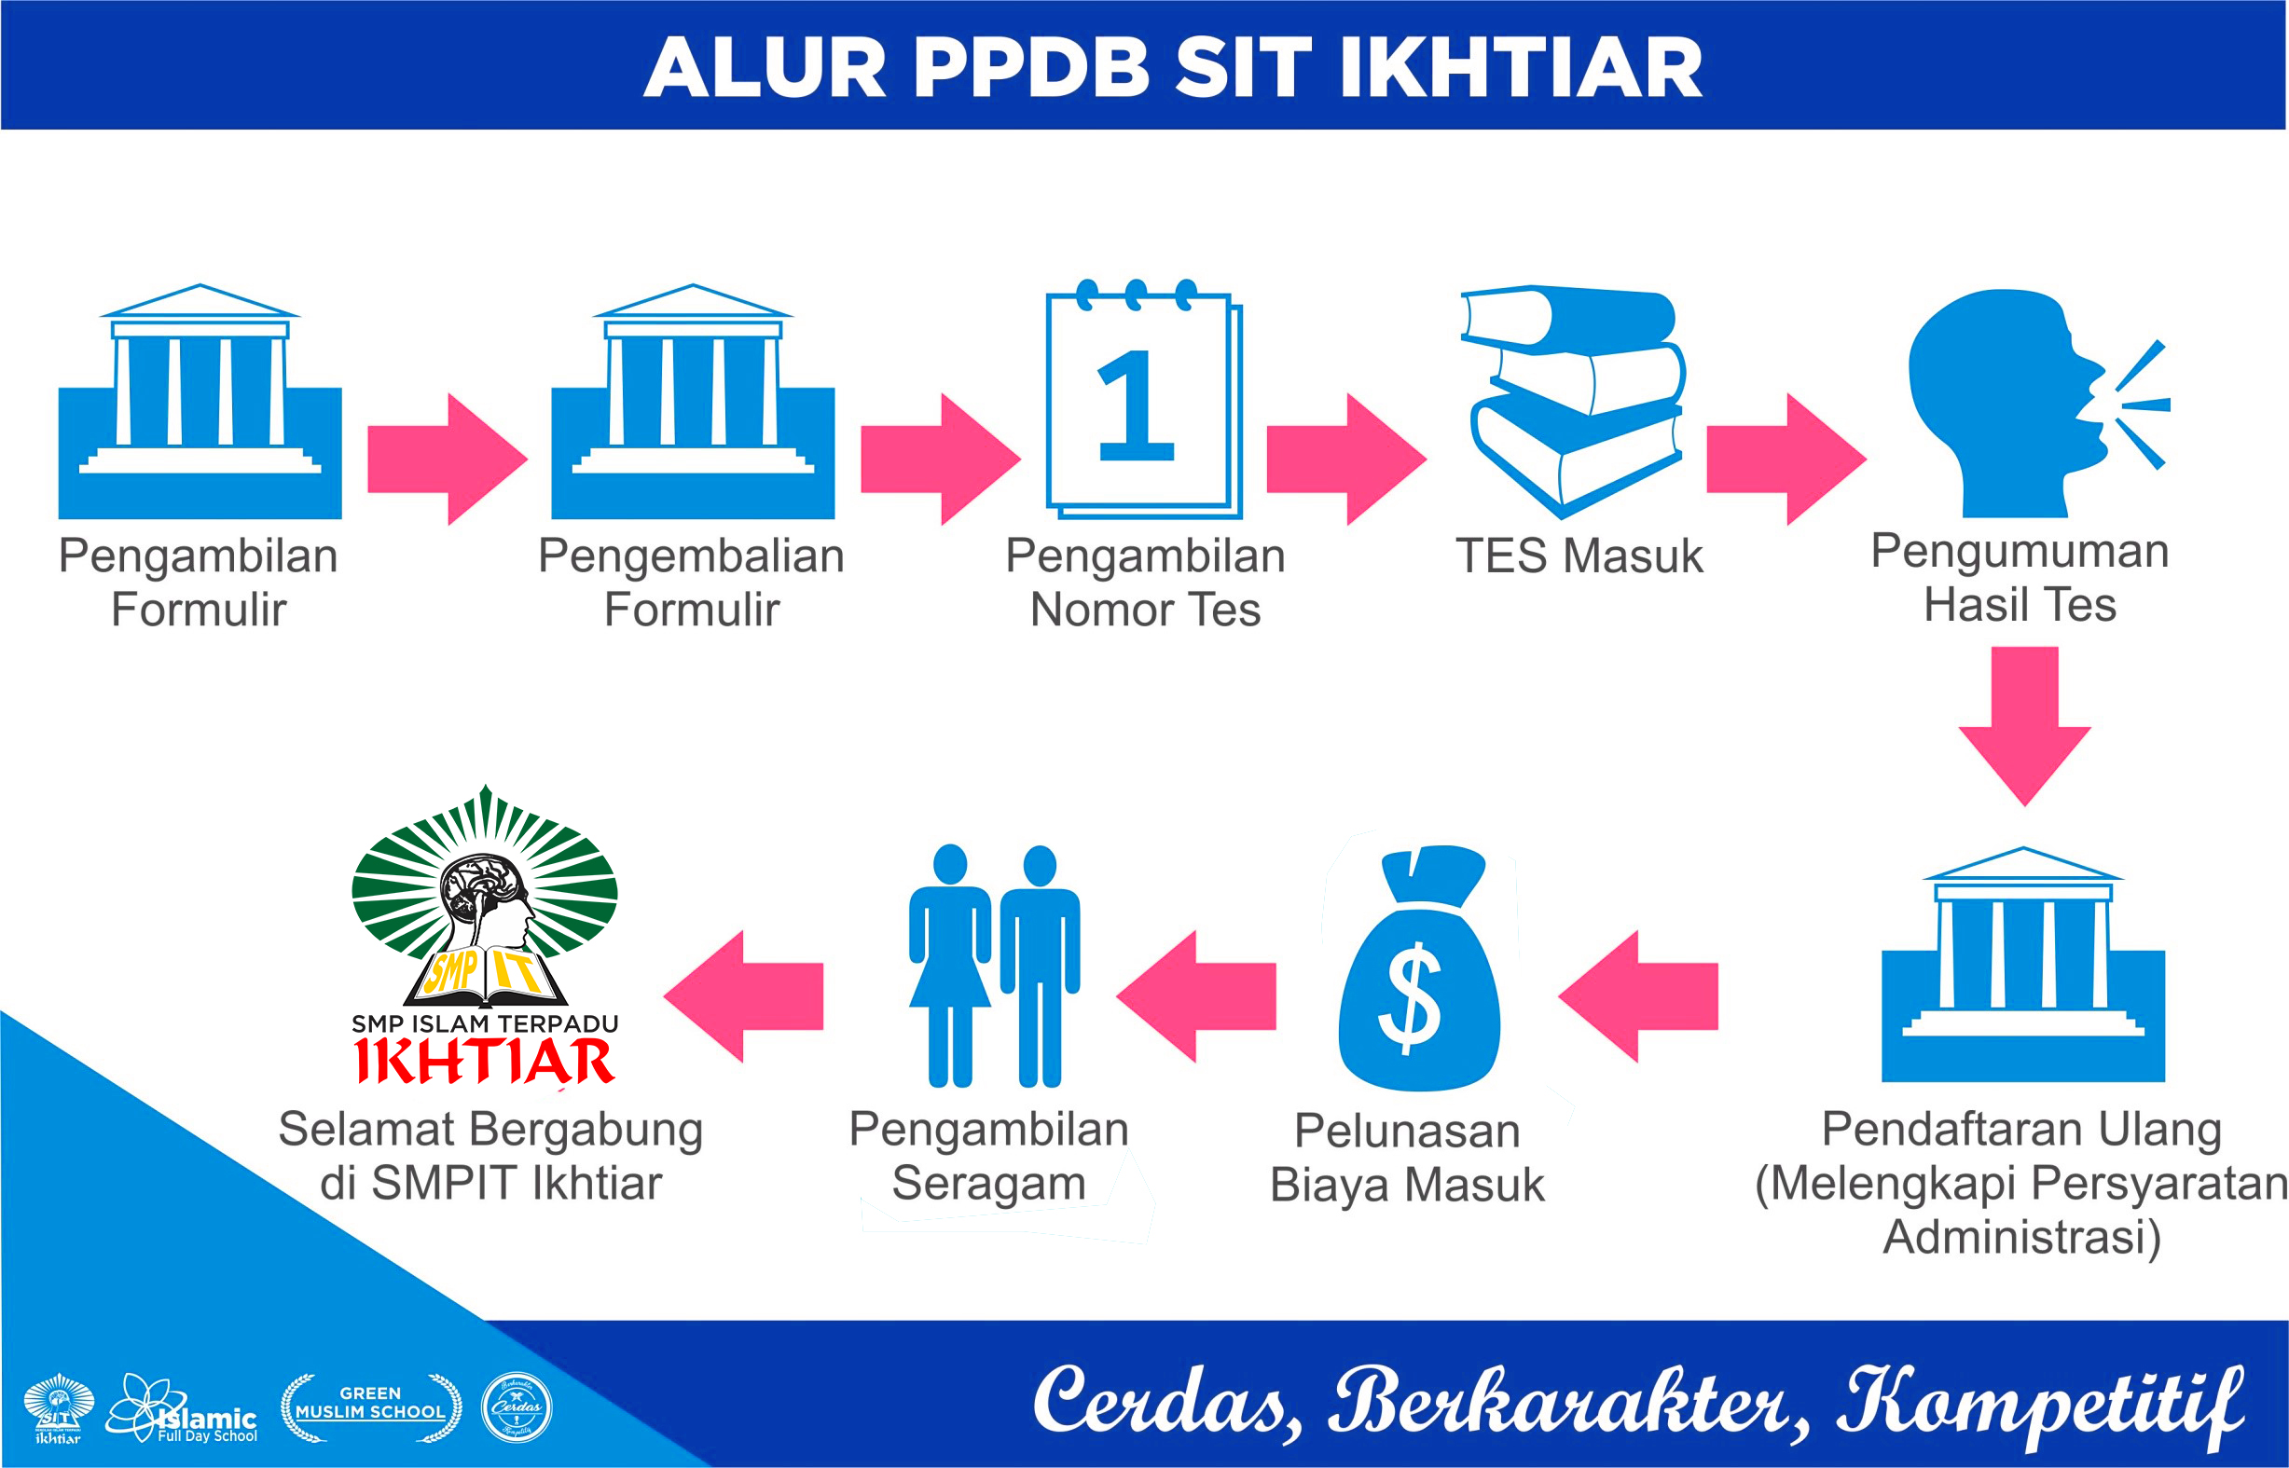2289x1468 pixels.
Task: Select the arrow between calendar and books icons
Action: coord(1345,459)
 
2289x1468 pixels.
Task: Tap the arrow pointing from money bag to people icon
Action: coord(1196,996)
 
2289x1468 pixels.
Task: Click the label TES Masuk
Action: coord(1579,556)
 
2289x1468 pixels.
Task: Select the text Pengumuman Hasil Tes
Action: coord(2020,578)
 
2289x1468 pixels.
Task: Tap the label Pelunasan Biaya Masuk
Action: coord(1406,1158)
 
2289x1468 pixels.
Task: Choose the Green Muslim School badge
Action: coord(371,1408)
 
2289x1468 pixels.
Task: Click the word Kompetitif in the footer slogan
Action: coord(2040,1401)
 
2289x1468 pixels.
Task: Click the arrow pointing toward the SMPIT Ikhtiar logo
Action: coord(744,996)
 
